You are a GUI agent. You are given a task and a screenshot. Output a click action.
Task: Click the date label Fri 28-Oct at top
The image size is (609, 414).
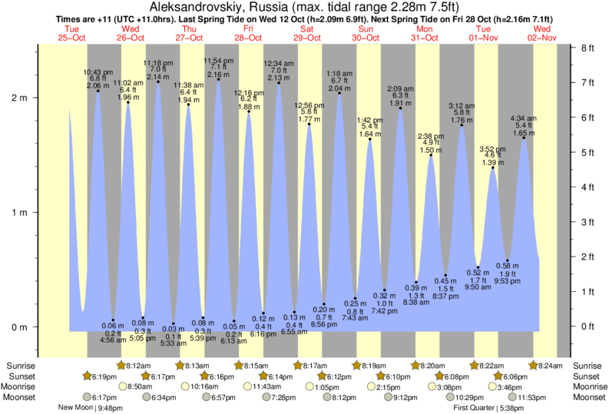point(248,33)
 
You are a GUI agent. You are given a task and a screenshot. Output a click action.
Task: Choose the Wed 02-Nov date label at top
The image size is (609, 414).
point(542,33)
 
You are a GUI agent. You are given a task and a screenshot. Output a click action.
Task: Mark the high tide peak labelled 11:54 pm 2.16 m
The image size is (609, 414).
point(218,79)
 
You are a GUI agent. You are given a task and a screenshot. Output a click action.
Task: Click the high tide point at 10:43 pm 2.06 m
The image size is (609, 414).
point(98,91)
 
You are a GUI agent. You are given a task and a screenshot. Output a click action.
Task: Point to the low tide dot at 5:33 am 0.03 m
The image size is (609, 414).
point(174,323)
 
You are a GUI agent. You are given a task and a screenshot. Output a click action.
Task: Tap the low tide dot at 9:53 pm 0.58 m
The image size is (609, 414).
point(508,260)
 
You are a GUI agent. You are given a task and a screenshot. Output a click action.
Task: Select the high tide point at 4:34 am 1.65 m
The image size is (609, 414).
point(524,137)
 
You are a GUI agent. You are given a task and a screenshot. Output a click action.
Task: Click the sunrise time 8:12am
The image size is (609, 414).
point(138,366)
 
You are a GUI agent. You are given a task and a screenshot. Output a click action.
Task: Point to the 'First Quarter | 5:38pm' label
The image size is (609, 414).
point(488,408)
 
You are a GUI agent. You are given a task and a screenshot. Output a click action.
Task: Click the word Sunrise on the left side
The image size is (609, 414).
point(21,366)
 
